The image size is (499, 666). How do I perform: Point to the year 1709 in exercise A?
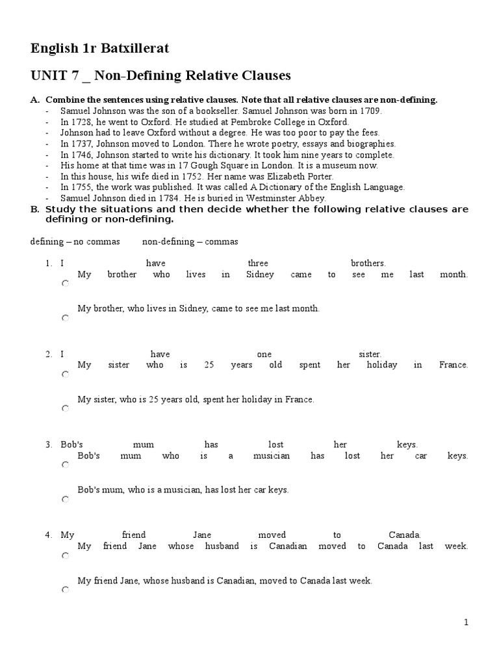pyautogui.click(x=372, y=111)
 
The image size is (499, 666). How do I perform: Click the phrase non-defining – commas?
pyautogui.click(x=190, y=242)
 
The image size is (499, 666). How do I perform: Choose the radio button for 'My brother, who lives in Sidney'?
pyautogui.click(x=65, y=318)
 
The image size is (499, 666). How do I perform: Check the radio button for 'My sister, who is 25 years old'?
pyautogui.click(x=65, y=409)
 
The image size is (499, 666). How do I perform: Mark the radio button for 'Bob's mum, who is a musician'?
pyautogui.click(x=65, y=499)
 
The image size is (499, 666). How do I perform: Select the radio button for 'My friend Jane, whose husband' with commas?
pyautogui.click(x=65, y=590)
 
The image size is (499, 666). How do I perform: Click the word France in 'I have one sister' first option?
pyautogui.click(x=454, y=365)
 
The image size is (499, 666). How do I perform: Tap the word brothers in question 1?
pyautogui.click(x=368, y=263)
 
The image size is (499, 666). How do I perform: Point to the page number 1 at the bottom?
pyautogui.click(x=466, y=622)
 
